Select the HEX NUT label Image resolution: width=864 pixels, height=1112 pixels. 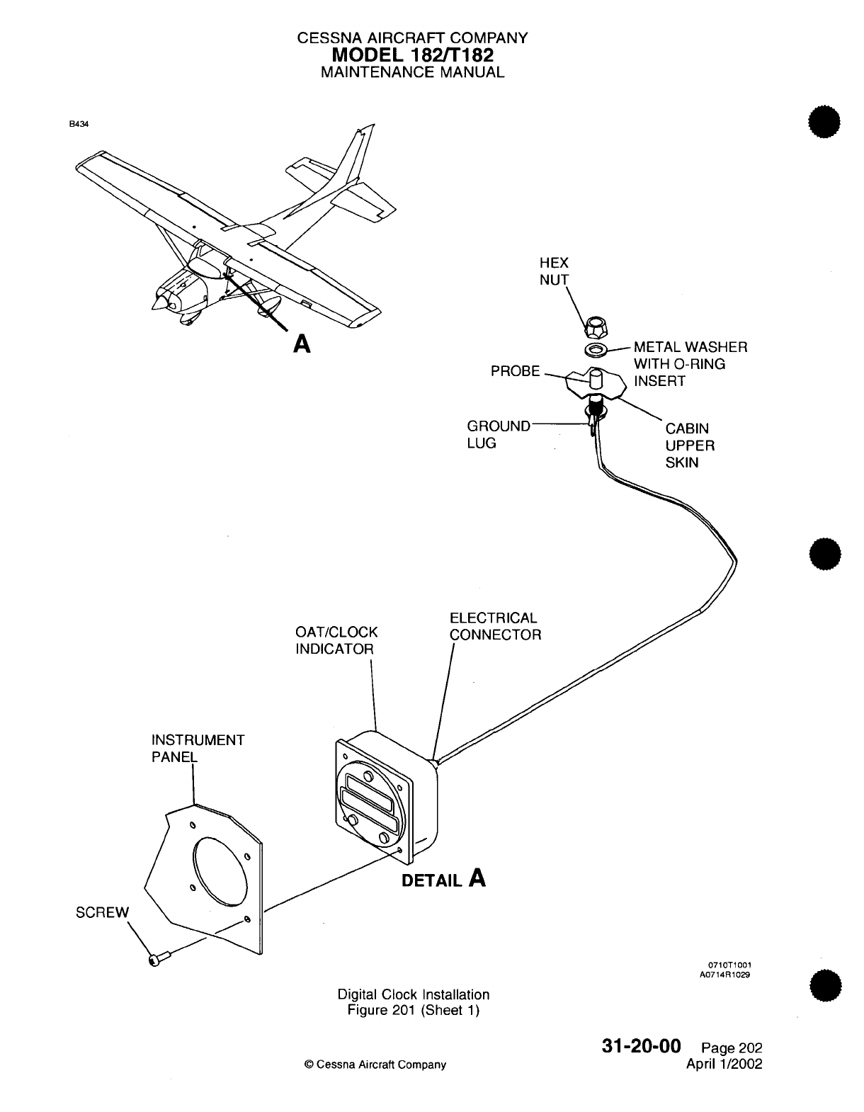click(x=554, y=271)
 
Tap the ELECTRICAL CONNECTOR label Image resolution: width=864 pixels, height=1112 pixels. click(x=495, y=626)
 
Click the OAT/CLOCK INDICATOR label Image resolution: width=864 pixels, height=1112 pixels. click(x=336, y=640)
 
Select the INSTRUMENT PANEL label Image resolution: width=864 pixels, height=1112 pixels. click(x=198, y=749)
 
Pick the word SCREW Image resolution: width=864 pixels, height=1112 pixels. click(x=103, y=912)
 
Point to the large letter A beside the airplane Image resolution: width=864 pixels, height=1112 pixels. click(x=302, y=344)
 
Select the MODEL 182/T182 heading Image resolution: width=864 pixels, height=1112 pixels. click(x=413, y=55)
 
